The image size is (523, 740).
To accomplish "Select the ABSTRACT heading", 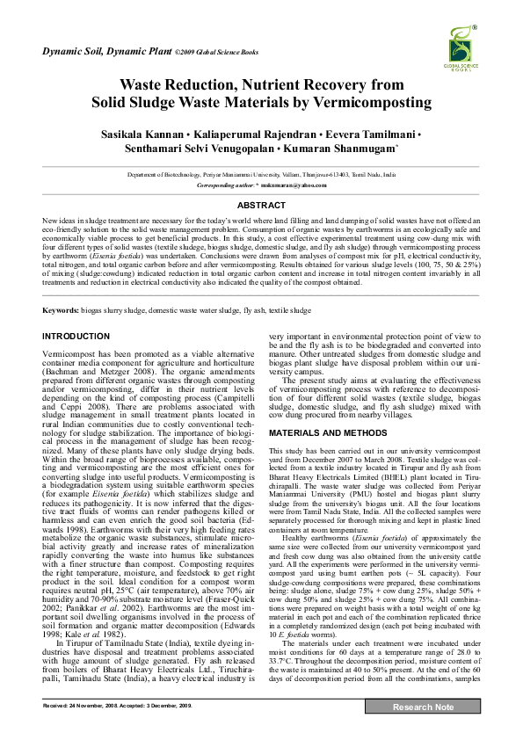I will pyautogui.click(x=261, y=204).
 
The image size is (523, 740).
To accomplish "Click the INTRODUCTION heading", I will pyautogui.click(x=76, y=312).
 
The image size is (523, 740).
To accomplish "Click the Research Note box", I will pyautogui.click(x=423, y=729).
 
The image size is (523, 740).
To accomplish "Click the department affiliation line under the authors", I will pyautogui.click(x=261, y=176).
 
